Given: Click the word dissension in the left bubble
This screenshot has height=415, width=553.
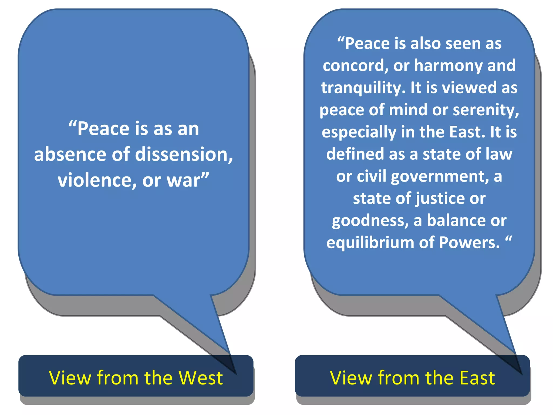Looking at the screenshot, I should click(183, 155).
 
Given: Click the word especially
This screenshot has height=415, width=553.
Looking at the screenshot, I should click(359, 132).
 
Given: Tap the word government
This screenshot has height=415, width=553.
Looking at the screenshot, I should click(440, 176).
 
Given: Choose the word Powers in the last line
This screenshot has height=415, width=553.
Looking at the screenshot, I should click(469, 242).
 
